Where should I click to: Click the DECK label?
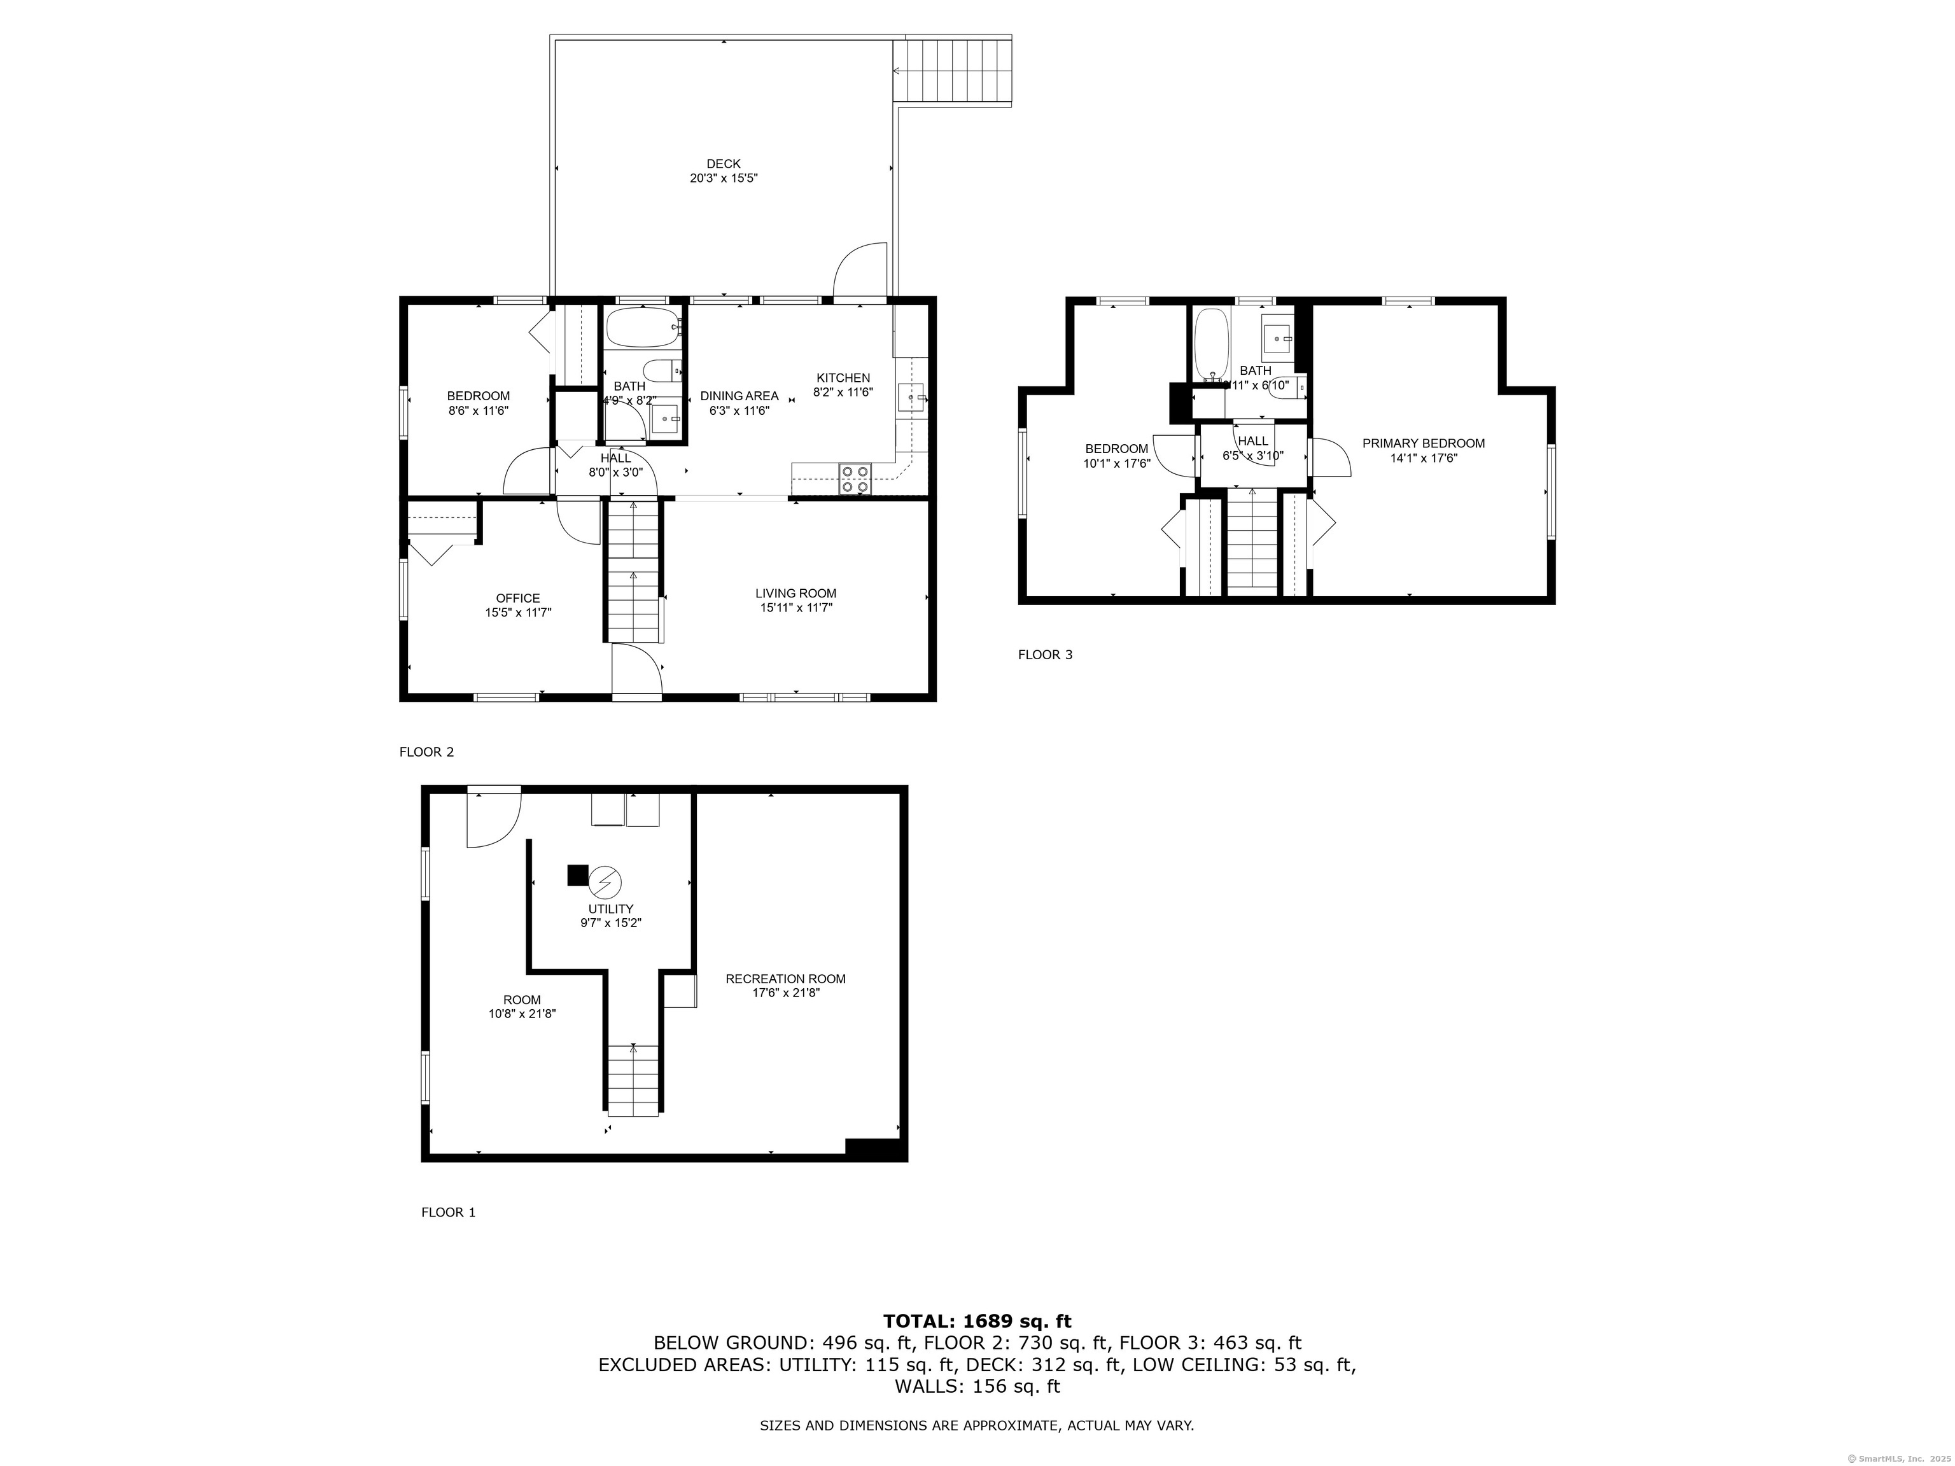point(723,164)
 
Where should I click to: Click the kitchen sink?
point(910,398)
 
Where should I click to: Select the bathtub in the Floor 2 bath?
point(643,328)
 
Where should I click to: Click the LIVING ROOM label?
point(795,593)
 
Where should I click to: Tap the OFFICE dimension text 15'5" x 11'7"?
point(518,611)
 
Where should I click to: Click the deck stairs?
point(953,70)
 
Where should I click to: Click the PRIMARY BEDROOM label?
point(1423,443)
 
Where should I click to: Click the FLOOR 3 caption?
point(1045,655)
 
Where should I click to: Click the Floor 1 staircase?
point(633,1079)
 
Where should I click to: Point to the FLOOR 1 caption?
point(448,1212)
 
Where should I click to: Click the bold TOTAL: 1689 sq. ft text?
point(977,1321)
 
